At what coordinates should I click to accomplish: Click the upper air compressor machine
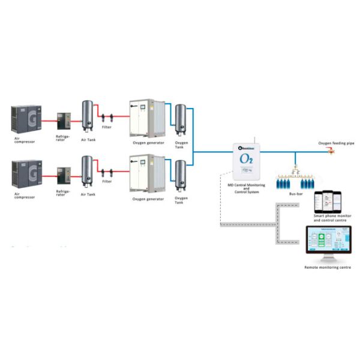(x=26, y=119)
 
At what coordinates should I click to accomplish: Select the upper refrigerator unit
(x=63, y=122)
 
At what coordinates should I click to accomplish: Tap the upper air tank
(x=87, y=116)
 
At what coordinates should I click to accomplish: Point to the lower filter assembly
(x=107, y=172)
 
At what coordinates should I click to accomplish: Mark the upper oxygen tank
(x=179, y=119)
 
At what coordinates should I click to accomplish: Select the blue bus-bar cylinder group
(x=295, y=182)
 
